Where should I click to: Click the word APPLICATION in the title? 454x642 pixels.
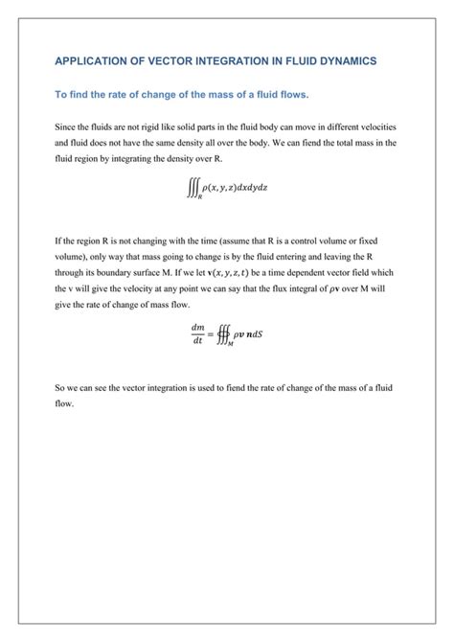[x=91, y=60]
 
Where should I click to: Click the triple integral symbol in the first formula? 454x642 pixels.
[x=193, y=189]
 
